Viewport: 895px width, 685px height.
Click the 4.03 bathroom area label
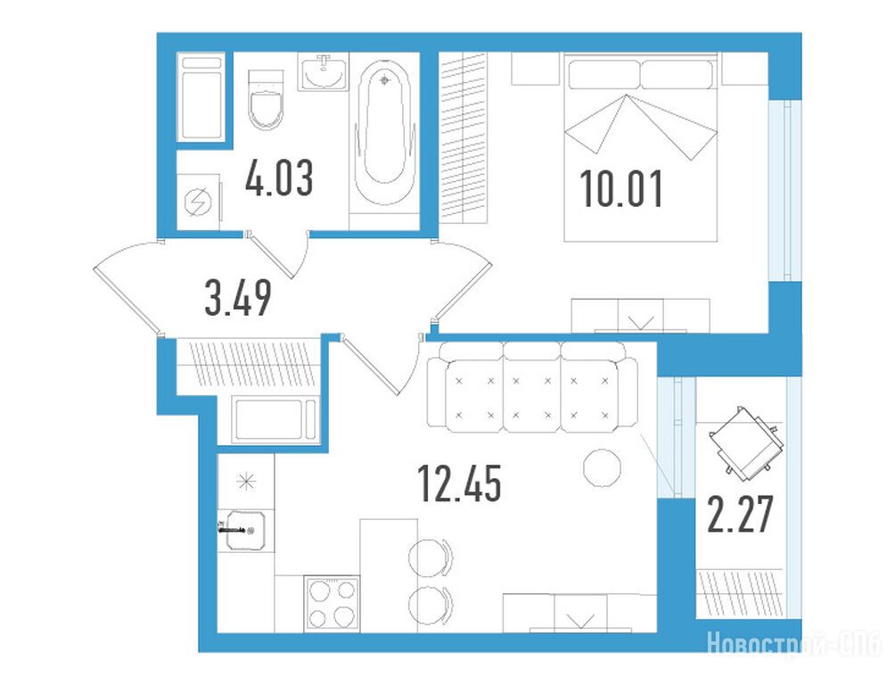(279, 177)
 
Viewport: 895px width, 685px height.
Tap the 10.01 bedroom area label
(621, 189)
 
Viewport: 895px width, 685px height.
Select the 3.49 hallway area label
(238, 299)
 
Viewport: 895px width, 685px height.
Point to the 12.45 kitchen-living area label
(459, 483)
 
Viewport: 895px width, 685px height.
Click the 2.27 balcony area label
(740, 514)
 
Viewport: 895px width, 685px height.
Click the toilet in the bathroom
(266, 100)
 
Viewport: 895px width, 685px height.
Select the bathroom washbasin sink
(324, 71)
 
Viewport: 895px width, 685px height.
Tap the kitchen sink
(245, 531)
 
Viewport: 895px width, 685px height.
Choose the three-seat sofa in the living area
(532, 387)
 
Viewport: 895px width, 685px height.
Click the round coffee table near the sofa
(602, 468)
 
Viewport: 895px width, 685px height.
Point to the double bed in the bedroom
(640, 147)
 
